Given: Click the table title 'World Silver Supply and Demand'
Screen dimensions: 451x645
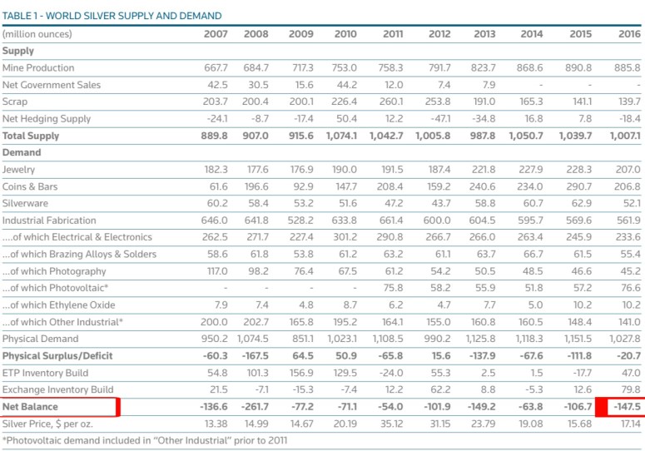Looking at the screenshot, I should tap(112, 15).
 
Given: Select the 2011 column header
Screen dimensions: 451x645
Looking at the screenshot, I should tap(393, 34).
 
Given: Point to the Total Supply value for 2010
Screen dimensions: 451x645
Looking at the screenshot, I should tap(342, 136).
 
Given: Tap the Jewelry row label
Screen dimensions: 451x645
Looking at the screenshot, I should tap(19, 170).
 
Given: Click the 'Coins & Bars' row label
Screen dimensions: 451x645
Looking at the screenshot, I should tap(29, 186).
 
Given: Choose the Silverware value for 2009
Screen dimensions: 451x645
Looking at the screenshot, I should tap(300, 203).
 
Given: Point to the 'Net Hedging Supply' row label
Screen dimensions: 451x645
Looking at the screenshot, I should tap(47, 119).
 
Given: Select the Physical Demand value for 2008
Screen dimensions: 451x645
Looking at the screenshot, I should tap(255, 339).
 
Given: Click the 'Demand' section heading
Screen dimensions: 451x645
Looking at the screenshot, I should tap(22, 153).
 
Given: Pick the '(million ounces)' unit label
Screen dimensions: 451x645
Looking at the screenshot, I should tap(37, 34).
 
